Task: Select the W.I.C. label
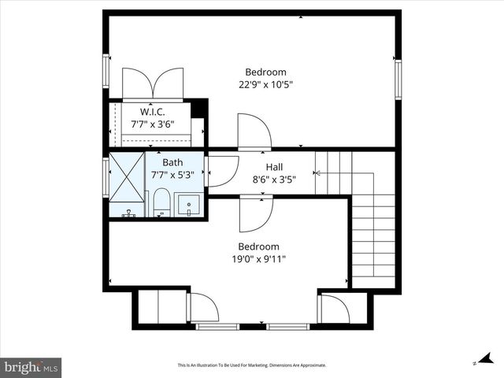152,112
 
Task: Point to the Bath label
172,163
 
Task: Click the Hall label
274,167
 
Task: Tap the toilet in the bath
161,203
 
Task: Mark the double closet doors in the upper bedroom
154,83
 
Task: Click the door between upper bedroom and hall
254,132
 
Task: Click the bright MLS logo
31,367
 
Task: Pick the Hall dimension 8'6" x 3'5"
274,180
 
